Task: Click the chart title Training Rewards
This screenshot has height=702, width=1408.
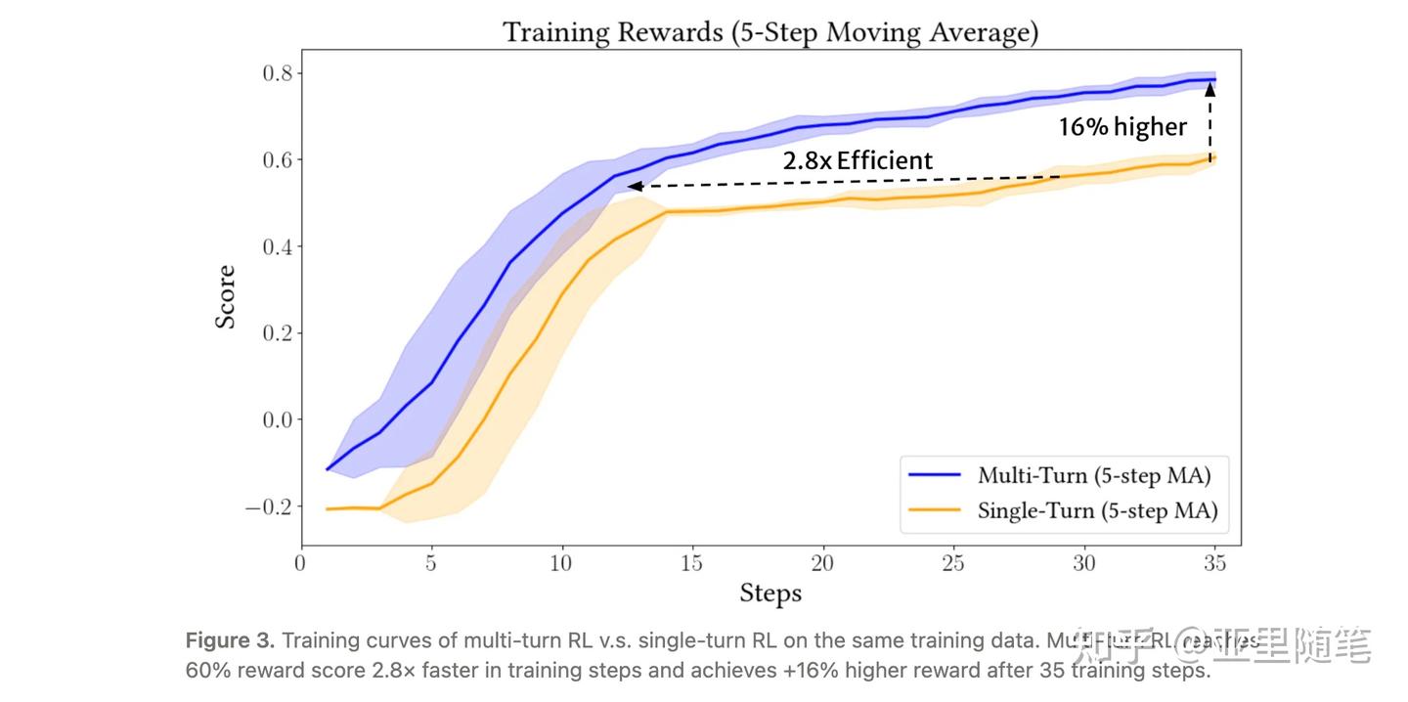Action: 770,32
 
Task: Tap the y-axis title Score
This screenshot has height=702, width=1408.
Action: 226,296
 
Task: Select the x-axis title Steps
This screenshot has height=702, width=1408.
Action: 770,592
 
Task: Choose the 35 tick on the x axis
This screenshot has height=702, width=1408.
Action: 1215,563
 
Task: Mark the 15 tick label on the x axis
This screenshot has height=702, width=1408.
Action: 692,563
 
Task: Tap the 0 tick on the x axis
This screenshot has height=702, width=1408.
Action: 300,563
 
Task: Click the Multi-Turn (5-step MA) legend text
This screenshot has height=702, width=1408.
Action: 1094,476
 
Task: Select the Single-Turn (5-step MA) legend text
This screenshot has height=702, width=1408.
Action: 1097,510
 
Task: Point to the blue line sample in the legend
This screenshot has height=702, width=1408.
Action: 935,476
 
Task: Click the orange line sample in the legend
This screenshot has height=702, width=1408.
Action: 935,510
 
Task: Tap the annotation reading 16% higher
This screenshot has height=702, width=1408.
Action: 1122,127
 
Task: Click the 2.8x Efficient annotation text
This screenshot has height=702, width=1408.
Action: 858,160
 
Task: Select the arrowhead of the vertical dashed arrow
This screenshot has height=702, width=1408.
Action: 1210,88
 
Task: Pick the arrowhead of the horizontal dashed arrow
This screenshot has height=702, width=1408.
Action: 634,186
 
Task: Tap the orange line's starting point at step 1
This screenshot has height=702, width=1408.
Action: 328,509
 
